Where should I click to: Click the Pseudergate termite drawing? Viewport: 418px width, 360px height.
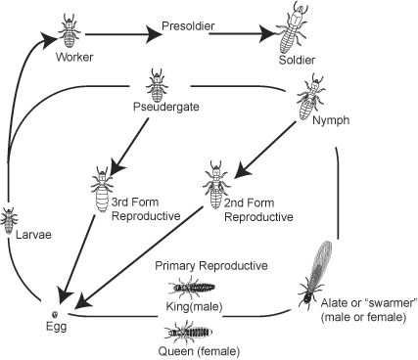pyautogui.click(x=157, y=81)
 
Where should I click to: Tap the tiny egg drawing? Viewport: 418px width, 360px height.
pyautogui.click(x=56, y=314)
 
